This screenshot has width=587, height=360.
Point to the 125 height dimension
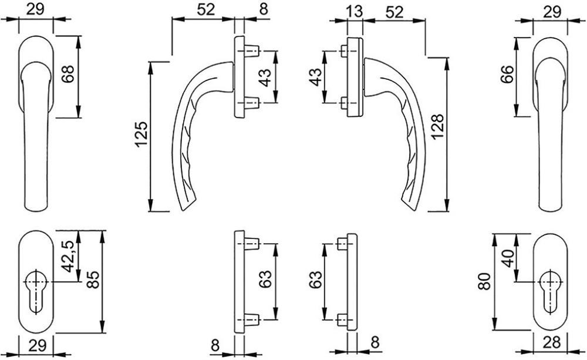click(142, 134)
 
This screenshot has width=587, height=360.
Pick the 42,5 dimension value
click(68, 257)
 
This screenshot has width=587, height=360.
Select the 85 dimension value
click(93, 279)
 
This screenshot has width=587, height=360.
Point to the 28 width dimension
click(551, 342)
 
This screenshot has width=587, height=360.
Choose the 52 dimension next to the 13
click(394, 12)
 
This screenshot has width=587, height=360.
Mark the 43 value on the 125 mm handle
click(265, 77)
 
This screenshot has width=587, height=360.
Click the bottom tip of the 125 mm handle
click(183, 210)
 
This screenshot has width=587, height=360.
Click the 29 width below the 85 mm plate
click(37, 345)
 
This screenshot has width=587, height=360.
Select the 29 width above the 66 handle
click(552, 12)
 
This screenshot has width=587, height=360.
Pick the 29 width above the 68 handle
click(35, 9)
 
